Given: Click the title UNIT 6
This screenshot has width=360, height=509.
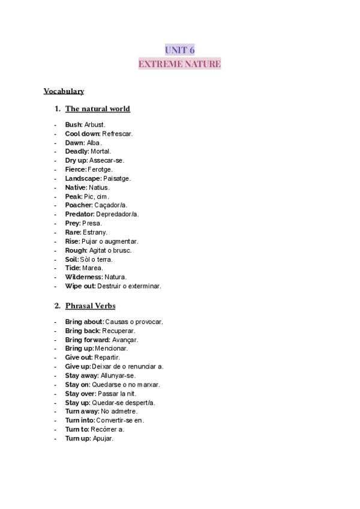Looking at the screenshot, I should [179, 50].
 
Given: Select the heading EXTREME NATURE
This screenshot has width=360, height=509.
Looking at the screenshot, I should [179, 64].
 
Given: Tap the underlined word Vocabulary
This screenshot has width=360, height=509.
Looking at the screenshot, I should [64, 91].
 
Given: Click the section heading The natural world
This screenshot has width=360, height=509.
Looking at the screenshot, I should [97, 109].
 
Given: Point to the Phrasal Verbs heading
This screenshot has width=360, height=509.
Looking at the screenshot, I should [90, 306].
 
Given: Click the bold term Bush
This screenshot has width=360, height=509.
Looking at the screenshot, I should [73, 124].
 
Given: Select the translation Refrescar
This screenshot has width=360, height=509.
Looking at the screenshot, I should [117, 133].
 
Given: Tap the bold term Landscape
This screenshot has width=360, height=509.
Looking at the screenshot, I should [83, 178].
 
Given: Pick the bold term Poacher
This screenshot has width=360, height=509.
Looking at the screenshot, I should [79, 205].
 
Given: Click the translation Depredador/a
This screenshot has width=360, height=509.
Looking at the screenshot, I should [117, 214].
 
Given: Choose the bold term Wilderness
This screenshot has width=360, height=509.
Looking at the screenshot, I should [83, 277].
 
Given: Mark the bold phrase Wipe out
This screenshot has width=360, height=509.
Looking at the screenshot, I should [80, 286].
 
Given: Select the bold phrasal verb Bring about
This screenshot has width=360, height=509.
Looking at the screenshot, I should [84, 322].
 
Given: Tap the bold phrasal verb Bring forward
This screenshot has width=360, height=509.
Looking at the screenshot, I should [88, 340].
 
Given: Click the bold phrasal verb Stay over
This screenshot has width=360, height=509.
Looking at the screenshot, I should [80, 393].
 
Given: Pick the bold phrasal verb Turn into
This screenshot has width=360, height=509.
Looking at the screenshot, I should [79, 420].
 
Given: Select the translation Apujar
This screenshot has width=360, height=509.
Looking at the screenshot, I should [103, 438].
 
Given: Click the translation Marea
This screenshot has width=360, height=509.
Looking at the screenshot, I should [92, 268].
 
